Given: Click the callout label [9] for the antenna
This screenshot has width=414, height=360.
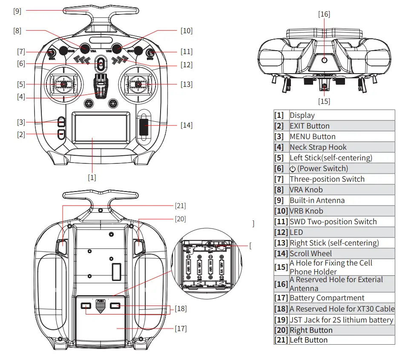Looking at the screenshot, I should (x=17, y=11).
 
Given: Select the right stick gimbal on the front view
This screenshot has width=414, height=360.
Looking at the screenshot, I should (x=138, y=84).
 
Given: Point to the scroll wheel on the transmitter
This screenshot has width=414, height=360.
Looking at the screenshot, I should (x=144, y=127).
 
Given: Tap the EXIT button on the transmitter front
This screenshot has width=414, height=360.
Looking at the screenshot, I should (x=61, y=134).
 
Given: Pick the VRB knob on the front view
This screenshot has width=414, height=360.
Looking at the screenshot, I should (x=117, y=48).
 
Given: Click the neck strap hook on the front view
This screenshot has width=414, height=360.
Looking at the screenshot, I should (x=101, y=87).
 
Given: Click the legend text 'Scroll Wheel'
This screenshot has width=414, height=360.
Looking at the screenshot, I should (x=310, y=254).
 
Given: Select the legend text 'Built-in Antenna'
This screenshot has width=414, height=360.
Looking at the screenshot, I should (x=317, y=200).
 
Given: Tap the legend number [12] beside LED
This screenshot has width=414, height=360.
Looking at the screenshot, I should (x=281, y=232).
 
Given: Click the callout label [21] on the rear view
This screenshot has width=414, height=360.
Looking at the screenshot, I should (x=180, y=206).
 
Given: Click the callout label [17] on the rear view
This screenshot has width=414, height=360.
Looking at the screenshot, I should (x=180, y=329).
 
